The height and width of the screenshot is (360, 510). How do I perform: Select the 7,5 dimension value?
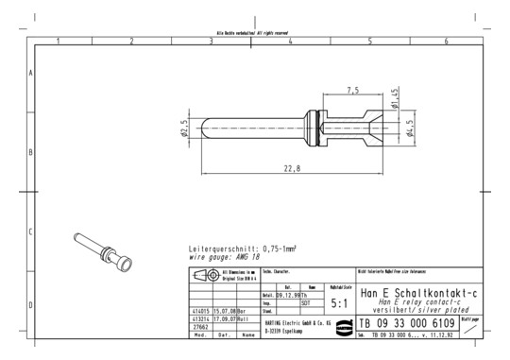pos(353,91)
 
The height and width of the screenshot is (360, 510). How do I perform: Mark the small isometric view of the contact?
pos(102,249)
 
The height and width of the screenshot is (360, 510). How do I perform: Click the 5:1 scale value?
pos(340,304)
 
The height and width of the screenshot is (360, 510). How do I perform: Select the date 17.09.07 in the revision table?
pos(224,318)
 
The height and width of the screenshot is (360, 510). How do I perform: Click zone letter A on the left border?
pos(31,72)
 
